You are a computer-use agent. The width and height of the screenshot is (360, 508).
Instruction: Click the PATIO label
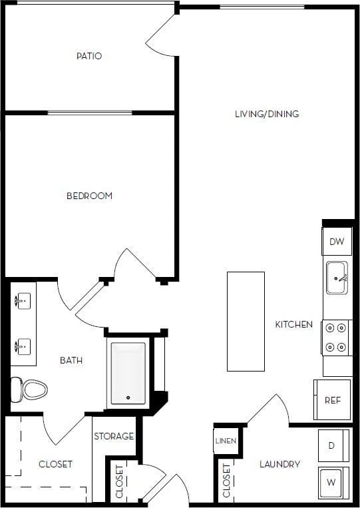point(89,56)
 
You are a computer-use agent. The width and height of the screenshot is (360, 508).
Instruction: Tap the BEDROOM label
point(89,196)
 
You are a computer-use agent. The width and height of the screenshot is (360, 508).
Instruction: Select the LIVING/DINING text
point(267,114)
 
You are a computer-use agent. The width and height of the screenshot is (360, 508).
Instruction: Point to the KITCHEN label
point(294,324)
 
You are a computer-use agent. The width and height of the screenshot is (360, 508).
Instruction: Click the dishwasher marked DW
point(337,242)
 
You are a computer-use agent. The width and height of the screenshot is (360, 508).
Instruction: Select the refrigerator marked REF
point(332,400)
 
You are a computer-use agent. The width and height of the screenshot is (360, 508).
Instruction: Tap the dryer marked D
point(331,446)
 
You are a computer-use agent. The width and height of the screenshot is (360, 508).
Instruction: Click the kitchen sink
point(337,278)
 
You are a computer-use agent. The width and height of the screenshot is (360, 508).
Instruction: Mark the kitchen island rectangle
point(246,321)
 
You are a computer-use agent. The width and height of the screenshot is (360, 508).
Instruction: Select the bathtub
point(128,373)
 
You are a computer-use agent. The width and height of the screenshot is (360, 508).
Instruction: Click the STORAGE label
point(114,437)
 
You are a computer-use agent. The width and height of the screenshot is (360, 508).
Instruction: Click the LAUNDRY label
point(279,464)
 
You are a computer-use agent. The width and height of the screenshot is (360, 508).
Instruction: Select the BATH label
point(71,360)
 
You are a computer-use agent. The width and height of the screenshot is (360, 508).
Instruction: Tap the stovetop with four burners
point(337,338)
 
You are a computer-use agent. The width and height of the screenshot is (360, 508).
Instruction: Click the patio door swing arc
point(160,37)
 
